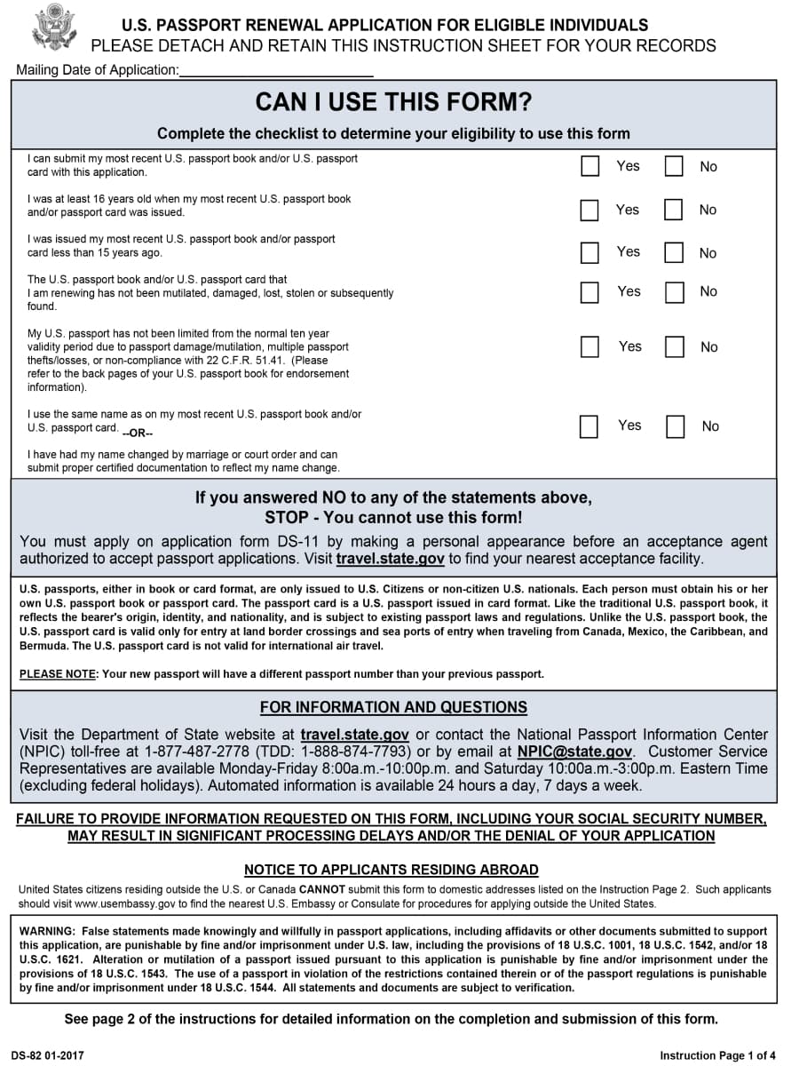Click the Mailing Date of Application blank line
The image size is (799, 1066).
(x=275, y=70)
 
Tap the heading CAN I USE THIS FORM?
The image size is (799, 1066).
(x=393, y=103)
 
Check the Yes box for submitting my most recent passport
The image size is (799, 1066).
(x=589, y=166)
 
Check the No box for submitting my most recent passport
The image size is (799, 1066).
(x=674, y=166)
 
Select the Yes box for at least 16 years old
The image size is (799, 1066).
(x=589, y=210)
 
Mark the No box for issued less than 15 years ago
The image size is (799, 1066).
(x=674, y=252)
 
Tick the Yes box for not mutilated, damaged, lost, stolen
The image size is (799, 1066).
(x=589, y=291)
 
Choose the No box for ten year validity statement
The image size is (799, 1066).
(x=675, y=346)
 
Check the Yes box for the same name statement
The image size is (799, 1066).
(x=589, y=426)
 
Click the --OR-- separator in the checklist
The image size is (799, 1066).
(x=138, y=434)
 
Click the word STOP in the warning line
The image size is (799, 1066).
(x=287, y=517)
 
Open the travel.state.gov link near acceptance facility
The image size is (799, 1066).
(x=390, y=559)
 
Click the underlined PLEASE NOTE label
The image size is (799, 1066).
(x=58, y=674)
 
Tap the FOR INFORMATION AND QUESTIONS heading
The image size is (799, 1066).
(x=393, y=707)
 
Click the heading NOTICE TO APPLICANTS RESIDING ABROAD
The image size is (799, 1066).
(x=392, y=870)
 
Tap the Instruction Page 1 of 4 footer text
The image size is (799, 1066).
(x=717, y=1055)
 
